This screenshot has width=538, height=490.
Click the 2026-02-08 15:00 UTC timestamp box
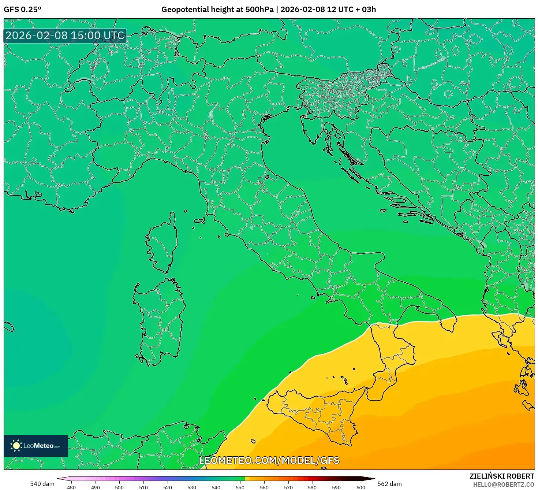pyautogui.click(x=65, y=36)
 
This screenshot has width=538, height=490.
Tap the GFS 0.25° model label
pyautogui.click(x=22, y=10)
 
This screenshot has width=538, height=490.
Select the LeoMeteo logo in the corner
pyautogui.click(x=36, y=446)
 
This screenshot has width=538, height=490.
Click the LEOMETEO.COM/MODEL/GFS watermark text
pyautogui.click(x=269, y=460)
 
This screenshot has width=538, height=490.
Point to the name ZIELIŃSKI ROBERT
pyautogui.click(x=501, y=476)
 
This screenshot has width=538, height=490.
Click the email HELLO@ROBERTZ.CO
pyautogui.click(x=503, y=485)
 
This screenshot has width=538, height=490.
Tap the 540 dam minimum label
pyautogui.click(x=42, y=484)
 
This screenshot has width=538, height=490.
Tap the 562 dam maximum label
pyautogui.click(x=389, y=484)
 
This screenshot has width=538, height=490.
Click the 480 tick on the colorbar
pyautogui.click(x=71, y=487)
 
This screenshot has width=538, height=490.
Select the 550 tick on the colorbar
pyautogui.click(x=240, y=487)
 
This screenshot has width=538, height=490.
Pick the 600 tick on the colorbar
pyautogui.click(x=360, y=487)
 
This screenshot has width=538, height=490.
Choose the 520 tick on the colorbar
pyautogui.click(x=168, y=487)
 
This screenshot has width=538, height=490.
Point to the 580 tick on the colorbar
pyautogui.click(x=312, y=487)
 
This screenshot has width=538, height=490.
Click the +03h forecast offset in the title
pyautogui.click(x=367, y=10)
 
